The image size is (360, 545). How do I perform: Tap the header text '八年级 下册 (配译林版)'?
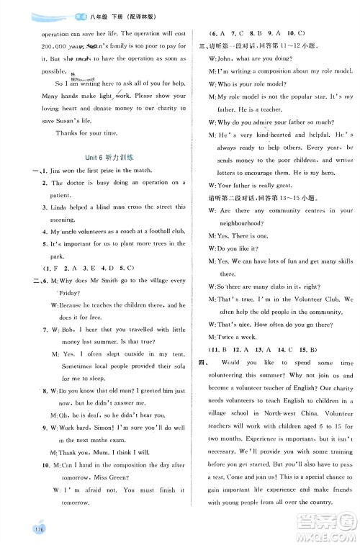86,12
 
